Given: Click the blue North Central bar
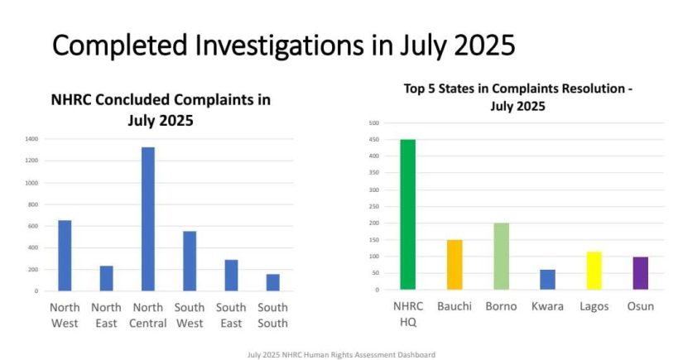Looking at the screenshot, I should pyautogui.click(x=147, y=219).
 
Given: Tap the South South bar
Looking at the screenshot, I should pyautogui.click(x=272, y=282).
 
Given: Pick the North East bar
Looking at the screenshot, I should pyautogui.click(x=106, y=278).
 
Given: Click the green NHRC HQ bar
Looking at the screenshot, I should pyautogui.click(x=407, y=214).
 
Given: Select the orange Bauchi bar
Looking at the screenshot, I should pyautogui.click(x=455, y=265).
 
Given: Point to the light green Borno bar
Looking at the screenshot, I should pyautogui.click(x=501, y=257).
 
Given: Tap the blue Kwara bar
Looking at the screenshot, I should pyautogui.click(x=547, y=280).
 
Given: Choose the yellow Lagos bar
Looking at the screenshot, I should pyautogui.click(x=594, y=271).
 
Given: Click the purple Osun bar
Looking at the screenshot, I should pyautogui.click(x=640, y=273).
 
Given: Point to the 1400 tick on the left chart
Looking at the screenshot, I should pyautogui.click(x=31, y=139).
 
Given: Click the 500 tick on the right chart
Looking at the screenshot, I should pyautogui.click(x=374, y=123).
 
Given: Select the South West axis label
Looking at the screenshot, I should pyautogui.click(x=190, y=314).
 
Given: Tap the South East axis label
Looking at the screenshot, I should pyautogui.click(x=231, y=314).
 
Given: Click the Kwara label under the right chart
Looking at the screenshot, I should pyautogui.click(x=547, y=306).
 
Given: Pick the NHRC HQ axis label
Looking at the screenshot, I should pyautogui.click(x=407, y=314).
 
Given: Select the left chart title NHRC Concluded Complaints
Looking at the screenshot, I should pyautogui.click(x=161, y=109).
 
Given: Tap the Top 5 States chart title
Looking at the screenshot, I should pyautogui.click(x=518, y=97).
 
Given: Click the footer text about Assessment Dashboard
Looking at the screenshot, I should pyautogui.click(x=341, y=354).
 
